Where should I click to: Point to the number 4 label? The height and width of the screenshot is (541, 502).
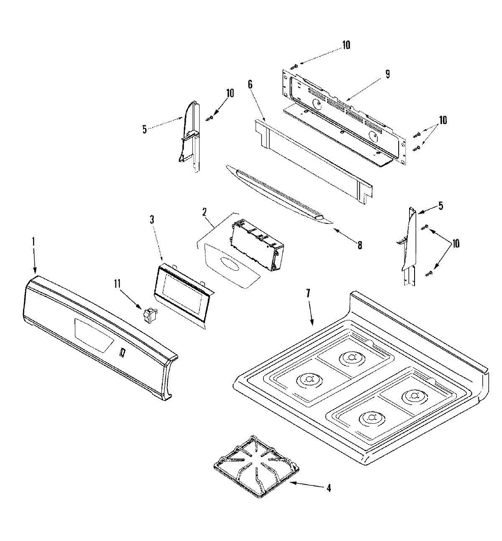(329, 488)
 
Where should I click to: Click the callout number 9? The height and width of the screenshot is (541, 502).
(387, 74)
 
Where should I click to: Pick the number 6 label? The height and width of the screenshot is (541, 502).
(250, 84)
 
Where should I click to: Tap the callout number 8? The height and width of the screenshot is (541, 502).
(359, 245)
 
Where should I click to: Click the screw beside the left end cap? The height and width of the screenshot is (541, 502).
(210, 118)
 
